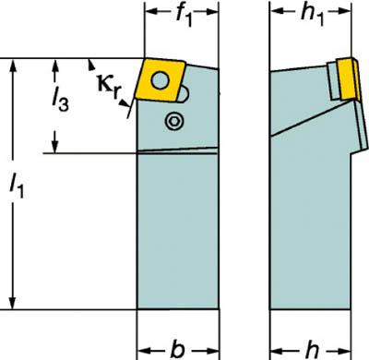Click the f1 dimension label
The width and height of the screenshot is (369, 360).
click(184, 15)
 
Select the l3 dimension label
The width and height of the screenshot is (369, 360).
click(60, 99)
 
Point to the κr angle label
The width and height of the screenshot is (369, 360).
click(110, 85)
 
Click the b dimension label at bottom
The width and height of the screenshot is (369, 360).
click(178, 349)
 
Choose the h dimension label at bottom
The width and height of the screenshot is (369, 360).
click(313, 349)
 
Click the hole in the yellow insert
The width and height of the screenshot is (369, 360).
click(161, 81)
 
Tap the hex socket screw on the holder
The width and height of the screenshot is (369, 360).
click(174, 121)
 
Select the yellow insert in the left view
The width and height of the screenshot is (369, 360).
click(161, 80)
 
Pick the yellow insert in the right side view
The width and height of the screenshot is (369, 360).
click(348, 78)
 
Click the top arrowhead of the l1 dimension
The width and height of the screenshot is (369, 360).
click(13, 66)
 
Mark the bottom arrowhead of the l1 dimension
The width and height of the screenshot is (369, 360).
click(13, 302)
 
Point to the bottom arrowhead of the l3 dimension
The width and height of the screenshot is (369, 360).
click(55, 146)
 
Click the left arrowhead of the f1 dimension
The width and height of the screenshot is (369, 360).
click(150, 12)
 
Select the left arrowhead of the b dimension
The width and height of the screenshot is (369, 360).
click(143, 351)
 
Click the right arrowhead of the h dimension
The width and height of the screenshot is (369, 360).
click(344, 351)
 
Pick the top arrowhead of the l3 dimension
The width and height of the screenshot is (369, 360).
click(55, 66)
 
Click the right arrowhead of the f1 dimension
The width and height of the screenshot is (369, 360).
click(212, 12)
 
